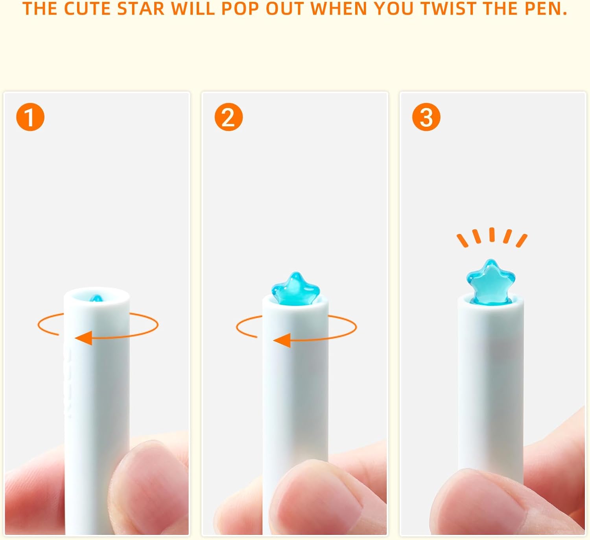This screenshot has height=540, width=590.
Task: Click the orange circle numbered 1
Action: click(30, 117)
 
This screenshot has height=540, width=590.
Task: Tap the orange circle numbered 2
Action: click(229, 117)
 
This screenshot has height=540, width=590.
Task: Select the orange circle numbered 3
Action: click(426, 117)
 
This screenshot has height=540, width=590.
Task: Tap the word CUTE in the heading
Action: click(87, 9)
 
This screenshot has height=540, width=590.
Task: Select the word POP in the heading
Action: click(240, 9)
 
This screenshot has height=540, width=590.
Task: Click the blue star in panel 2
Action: click(295, 288)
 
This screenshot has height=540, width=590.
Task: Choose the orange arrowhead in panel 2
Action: click(282, 340)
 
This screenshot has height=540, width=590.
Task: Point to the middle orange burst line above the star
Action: click(492, 234)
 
